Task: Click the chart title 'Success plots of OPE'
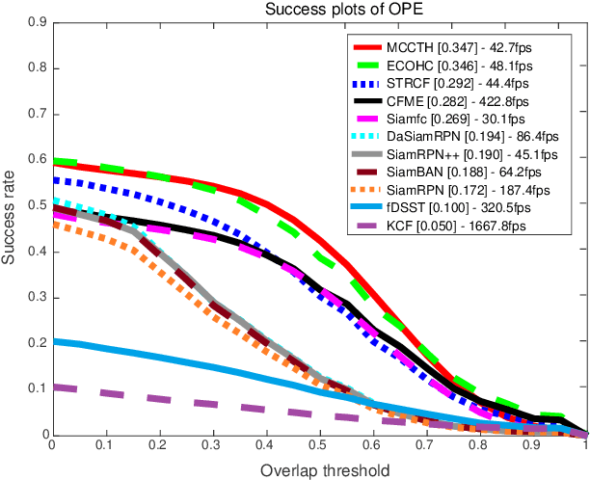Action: (x=318, y=11)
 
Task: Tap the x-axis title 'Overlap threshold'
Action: (x=318, y=471)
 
